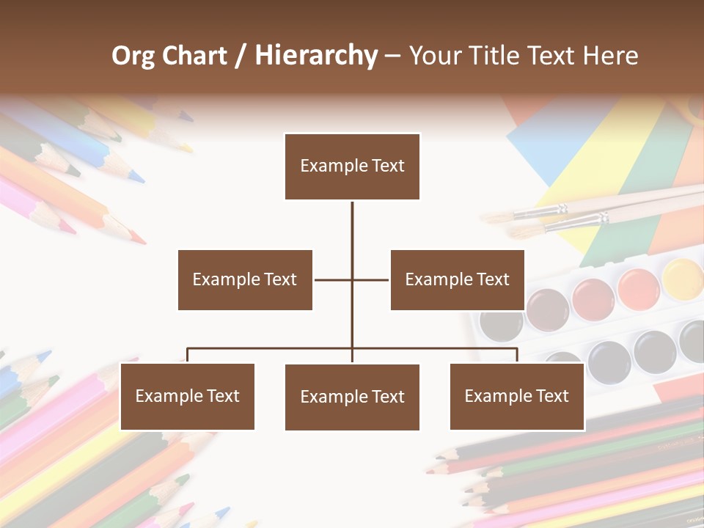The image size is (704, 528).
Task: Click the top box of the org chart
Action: (352, 166)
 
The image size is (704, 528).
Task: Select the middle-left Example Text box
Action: (245, 279)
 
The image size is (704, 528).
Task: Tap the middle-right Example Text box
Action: (457, 279)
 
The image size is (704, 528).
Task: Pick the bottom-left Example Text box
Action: (187, 396)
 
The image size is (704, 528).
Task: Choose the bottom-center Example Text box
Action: (352, 397)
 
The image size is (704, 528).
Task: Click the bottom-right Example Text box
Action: (516, 396)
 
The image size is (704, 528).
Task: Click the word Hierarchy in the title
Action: (316, 56)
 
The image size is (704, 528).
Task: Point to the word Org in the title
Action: (133, 56)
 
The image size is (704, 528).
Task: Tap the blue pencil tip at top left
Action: (136, 177)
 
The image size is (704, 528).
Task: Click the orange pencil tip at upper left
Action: (136, 237)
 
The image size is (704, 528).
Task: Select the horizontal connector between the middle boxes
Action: (351, 279)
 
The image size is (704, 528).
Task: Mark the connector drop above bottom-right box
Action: (517, 355)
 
